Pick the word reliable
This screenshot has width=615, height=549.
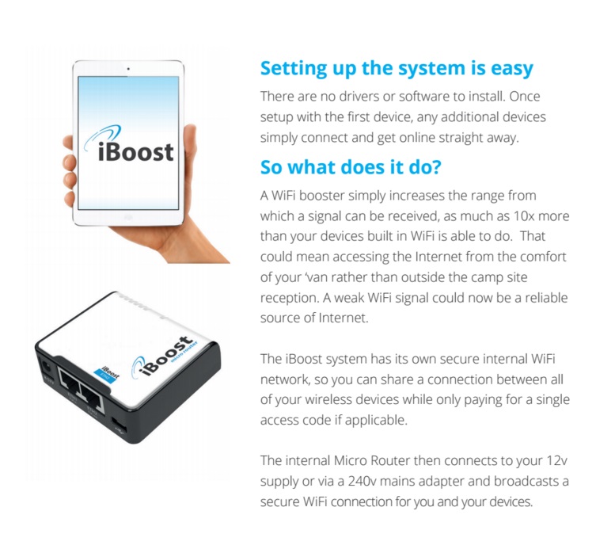coord(542,298)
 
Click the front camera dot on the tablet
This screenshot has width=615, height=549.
coord(127,71)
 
